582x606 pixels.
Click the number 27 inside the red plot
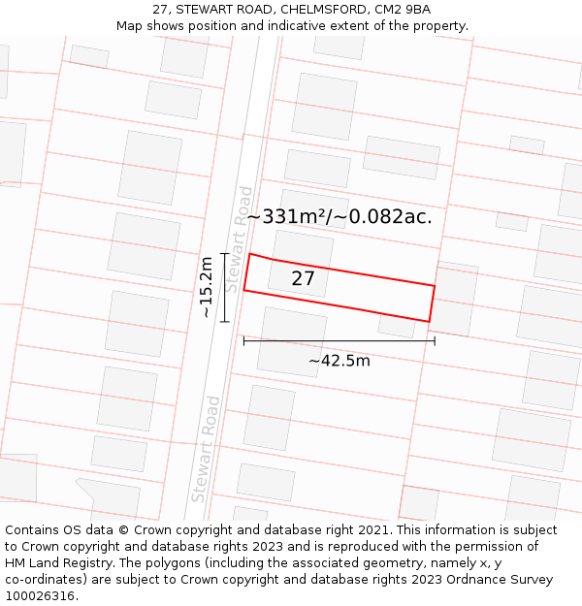(x=303, y=279)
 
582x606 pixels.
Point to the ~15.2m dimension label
(x=206, y=287)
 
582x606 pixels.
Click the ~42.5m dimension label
(x=339, y=362)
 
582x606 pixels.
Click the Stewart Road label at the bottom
(x=206, y=448)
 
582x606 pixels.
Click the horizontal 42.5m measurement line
(x=339, y=341)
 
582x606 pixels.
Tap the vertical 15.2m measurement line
(x=224, y=287)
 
